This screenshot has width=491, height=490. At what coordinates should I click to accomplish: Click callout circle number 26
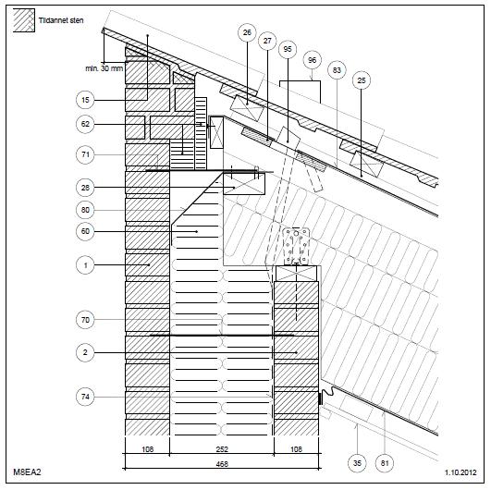pos(247,32)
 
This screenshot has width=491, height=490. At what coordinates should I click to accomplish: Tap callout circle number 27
pos(267,41)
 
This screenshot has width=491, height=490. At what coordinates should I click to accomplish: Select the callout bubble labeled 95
pos(288,49)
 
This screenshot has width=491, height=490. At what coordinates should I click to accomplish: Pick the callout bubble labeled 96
pos(313,60)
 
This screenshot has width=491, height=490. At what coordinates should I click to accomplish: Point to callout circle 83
pos(337,70)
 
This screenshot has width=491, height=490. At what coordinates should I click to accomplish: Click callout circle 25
pos(362,80)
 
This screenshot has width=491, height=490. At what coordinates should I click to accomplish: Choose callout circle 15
pos(85,100)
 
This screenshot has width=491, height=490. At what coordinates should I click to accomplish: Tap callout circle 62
pos(85,124)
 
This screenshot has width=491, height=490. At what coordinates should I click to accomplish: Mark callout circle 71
pos(85,154)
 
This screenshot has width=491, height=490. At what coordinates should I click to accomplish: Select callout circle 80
pos(85,210)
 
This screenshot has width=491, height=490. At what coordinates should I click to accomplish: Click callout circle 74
pos(85,397)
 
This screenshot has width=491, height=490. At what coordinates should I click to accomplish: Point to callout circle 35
pos(357,463)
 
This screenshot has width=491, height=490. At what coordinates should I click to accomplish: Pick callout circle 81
pos(385,463)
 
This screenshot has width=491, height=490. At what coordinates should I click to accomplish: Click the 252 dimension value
pos(222,449)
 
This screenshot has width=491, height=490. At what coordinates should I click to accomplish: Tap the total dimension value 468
pos(222,464)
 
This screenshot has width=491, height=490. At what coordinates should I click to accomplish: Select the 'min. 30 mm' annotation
pos(104,68)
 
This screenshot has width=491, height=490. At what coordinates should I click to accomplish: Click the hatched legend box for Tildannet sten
pos(24,20)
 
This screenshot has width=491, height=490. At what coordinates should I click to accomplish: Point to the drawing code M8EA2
pos(27,472)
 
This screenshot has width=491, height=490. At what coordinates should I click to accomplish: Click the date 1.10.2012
pos(460,472)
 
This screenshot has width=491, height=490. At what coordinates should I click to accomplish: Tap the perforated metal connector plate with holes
pos(296,246)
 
